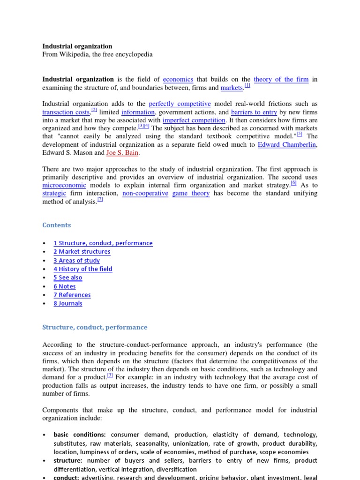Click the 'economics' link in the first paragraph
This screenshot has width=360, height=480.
point(178,79)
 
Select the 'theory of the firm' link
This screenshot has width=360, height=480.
point(281,79)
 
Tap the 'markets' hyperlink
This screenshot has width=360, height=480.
point(232,88)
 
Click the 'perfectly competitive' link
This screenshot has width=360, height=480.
point(180,104)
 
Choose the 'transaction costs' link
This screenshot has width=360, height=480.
point(66,112)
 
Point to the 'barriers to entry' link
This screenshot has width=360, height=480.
point(254,112)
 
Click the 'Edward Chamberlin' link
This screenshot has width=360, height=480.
point(287,144)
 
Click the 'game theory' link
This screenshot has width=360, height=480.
point(191,193)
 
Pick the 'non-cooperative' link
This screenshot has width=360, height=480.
point(145,193)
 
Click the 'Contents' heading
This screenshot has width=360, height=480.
point(57,225)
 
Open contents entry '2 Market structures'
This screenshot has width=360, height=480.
point(82,252)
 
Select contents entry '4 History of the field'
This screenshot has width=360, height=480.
point(83,269)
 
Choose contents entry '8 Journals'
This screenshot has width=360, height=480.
point(68,303)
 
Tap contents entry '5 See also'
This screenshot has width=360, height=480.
point(68,277)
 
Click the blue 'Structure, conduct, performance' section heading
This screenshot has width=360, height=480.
point(95,327)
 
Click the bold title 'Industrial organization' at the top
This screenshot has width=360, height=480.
point(77,46)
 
